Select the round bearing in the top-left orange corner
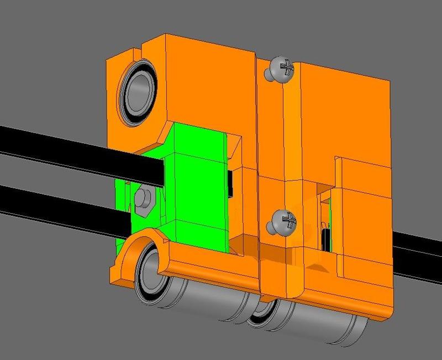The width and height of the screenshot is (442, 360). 138,91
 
